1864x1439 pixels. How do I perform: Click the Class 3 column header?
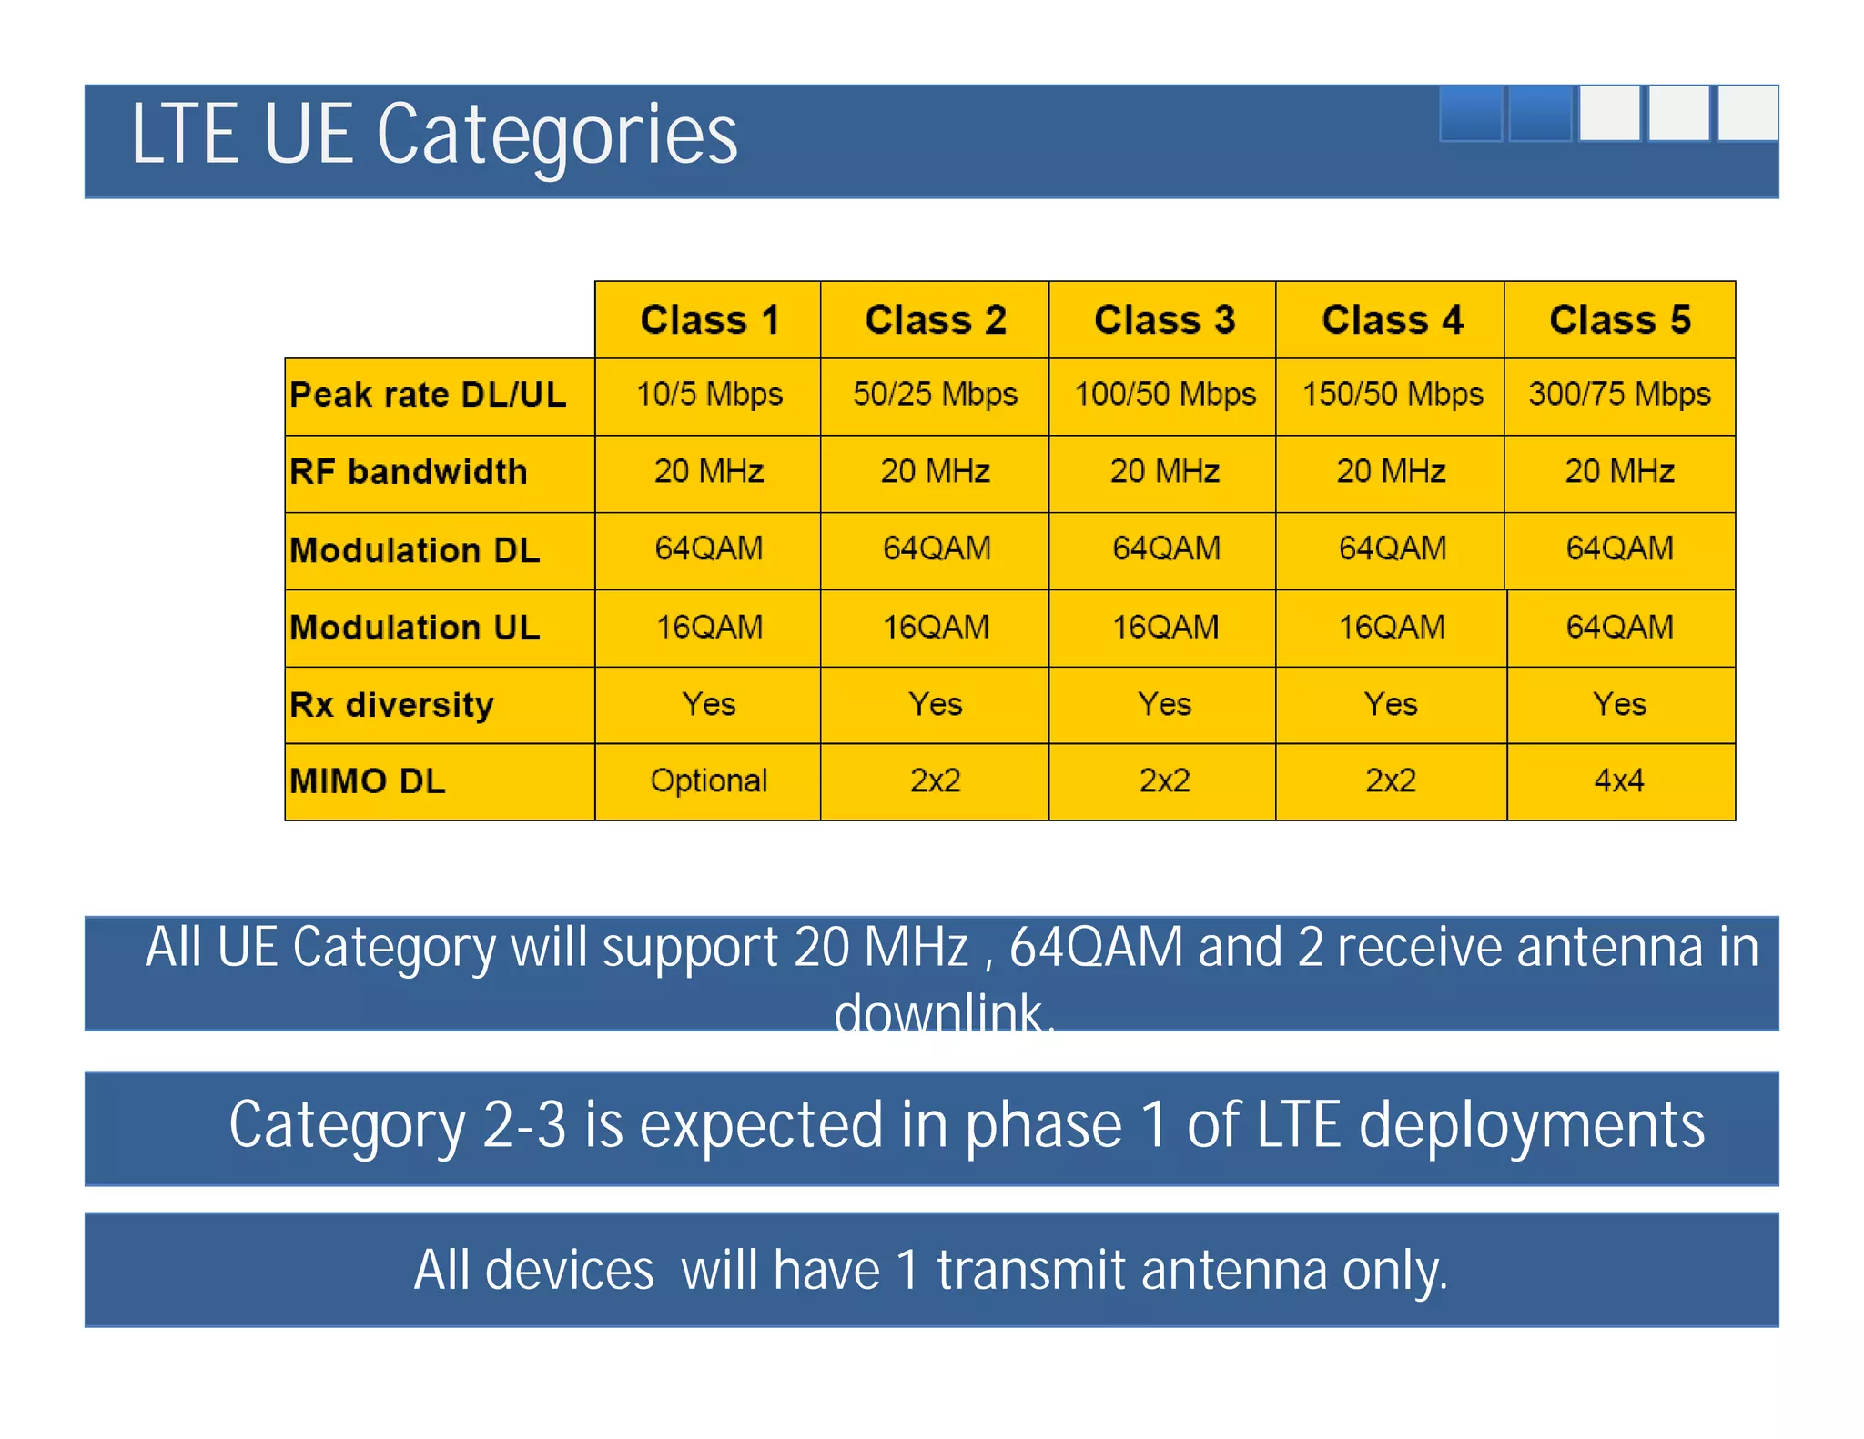(x=1163, y=320)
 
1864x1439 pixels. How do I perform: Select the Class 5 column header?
(x=1619, y=320)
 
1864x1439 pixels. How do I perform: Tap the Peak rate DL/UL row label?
(x=428, y=395)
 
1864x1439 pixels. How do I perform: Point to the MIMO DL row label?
(x=368, y=781)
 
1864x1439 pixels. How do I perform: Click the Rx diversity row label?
(x=391, y=705)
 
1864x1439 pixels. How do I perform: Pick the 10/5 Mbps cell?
(x=709, y=395)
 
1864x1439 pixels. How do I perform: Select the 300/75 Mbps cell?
(x=1619, y=395)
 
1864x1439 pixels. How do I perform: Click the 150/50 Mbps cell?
(x=1392, y=395)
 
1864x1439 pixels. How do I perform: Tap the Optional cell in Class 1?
(x=709, y=781)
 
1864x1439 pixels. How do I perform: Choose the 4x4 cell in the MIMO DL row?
(x=1619, y=781)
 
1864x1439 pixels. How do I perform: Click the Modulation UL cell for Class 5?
(x=1619, y=627)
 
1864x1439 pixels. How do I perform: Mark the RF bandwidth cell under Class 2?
(x=935, y=471)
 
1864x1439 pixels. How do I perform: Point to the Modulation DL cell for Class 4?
(x=1392, y=548)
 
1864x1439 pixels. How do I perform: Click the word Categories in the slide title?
(x=557, y=136)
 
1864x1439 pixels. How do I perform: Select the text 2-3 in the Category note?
(x=524, y=1125)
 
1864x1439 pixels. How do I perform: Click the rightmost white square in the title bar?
(x=1747, y=114)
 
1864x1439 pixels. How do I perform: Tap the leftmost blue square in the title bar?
(x=1470, y=114)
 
